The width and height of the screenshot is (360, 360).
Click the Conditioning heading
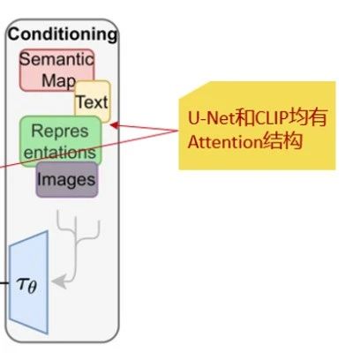pos(63,34)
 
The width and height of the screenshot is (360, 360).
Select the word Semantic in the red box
pos(56,59)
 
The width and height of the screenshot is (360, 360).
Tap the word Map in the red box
pos(59,80)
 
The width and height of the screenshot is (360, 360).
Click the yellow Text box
pos(93,101)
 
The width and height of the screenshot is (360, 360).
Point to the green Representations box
pos(61,141)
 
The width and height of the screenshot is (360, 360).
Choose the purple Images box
pos(67,179)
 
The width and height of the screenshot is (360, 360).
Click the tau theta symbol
pos(26,285)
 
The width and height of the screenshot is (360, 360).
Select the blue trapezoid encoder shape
pos(28,282)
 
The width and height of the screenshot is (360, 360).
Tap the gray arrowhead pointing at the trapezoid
pos(59,281)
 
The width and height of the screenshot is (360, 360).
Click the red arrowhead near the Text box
pos(115,125)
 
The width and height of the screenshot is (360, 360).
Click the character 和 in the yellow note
pos(244,117)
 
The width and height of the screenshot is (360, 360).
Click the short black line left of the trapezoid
pos(4,283)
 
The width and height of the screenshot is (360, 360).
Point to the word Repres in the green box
pos(60,131)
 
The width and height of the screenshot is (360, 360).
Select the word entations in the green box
pos(60,153)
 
